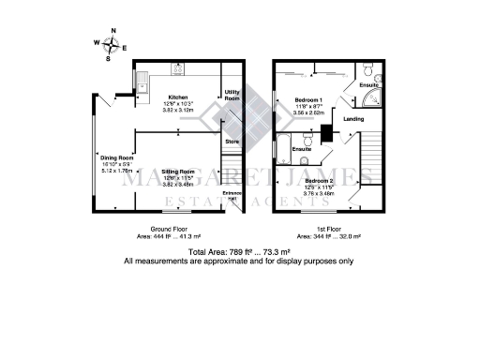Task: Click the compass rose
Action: (x=112, y=43)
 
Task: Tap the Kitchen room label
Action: (x=179, y=97)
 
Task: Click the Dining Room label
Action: (x=118, y=157)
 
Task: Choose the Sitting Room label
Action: (x=179, y=172)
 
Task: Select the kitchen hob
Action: (x=177, y=68)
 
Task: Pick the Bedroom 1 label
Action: (x=308, y=99)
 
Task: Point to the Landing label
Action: (x=354, y=119)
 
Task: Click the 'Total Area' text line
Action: (x=240, y=253)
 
